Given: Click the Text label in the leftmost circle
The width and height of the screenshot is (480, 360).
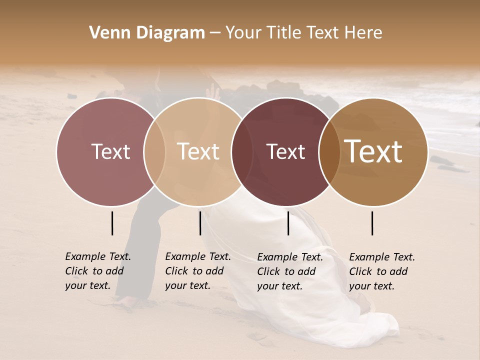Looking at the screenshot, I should [x=110, y=151].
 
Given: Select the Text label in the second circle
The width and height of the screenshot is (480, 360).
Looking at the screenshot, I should [x=198, y=151].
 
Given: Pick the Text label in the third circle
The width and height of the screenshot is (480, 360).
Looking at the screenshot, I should [x=285, y=151].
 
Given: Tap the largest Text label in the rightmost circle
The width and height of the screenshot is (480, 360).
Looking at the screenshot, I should [x=373, y=151].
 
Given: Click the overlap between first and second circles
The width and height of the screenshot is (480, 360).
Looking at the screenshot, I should [x=154, y=151].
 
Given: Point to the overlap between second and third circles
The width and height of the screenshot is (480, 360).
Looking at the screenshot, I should [x=242, y=151].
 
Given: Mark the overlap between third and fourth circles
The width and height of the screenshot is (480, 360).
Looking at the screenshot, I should [x=329, y=151].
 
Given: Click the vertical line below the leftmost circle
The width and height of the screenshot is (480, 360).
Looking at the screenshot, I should [x=112, y=223].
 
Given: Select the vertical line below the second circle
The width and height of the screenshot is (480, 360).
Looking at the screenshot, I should [x=200, y=223].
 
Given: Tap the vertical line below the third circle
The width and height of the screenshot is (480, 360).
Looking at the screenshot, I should [x=288, y=223].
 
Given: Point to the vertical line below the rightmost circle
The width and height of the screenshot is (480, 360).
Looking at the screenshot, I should [x=372, y=223].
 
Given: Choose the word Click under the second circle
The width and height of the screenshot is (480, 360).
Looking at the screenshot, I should [x=176, y=271].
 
